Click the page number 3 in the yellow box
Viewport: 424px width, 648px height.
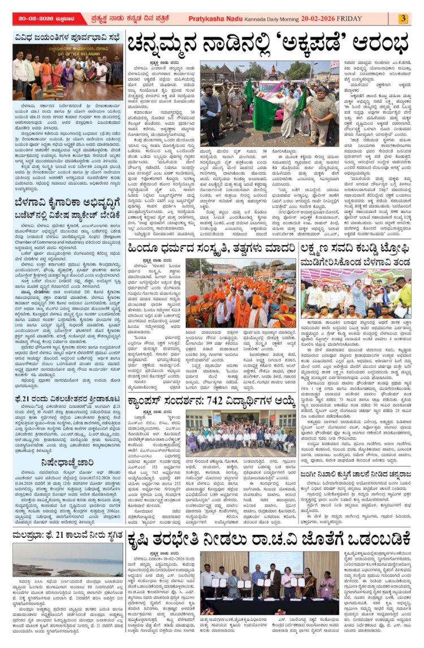[x=403, y=18]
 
